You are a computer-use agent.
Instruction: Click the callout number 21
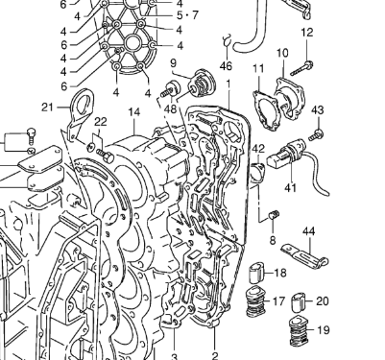[47, 108]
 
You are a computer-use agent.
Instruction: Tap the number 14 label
[134, 112]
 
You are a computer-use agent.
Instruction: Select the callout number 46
[226, 66]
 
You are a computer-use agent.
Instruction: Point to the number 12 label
[307, 33]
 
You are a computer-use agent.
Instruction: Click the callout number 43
[318, 110]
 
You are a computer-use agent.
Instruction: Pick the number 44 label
[308, 231]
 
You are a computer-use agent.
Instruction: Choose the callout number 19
[324, 329]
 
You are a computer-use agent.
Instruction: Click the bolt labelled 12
[301, 69]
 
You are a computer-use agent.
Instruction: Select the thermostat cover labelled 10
[290, 97]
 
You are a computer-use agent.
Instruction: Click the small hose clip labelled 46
[228, 39]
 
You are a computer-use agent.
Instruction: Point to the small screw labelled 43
[316, 134]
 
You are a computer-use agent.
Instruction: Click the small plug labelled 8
[274, 214]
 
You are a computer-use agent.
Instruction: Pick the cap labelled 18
[257, 273]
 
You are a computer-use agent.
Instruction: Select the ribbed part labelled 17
[255, 301]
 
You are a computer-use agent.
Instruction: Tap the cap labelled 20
[299, 301]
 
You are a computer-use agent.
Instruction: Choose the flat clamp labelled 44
[304, 255]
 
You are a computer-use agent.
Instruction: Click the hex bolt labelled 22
[105, 155]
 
